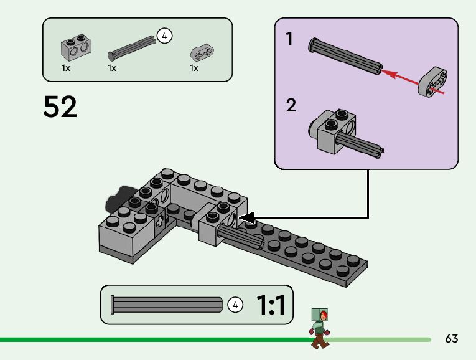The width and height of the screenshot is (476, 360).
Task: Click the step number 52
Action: [60, 107]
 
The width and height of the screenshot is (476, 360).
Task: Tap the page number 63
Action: [452, 339]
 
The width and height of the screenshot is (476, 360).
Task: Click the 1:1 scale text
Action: [271, 305]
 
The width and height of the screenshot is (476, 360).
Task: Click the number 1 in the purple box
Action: [289, 39]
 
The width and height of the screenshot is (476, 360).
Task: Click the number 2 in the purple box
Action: [291, 105]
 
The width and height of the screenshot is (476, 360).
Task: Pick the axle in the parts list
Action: [132, 47]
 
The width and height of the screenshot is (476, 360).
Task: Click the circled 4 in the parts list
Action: [164, 36]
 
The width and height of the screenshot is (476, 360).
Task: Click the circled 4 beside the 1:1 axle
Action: [235, 305]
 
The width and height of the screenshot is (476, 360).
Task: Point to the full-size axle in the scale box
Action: [166, 305]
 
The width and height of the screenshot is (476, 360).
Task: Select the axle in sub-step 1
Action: [344, 56]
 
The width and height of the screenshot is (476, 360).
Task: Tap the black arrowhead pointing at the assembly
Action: [247, 218]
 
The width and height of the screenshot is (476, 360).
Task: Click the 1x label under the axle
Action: [112, 68]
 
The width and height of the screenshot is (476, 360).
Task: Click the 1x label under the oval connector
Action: [194, 68]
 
